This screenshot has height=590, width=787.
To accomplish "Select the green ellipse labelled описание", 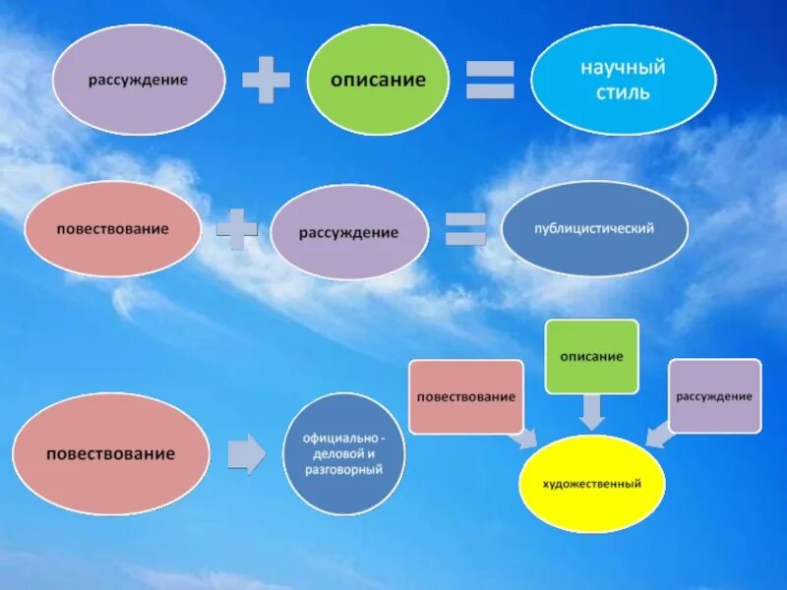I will pyautogui.click(x=379, y=80).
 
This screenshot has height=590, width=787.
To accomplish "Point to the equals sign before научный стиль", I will pyautogui.click(x=489, y=80).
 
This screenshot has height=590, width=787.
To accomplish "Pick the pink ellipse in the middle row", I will pyautogui.click(x=111, y=229).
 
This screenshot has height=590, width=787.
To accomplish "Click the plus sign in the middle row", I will pyautogui.click(x=236, y=229).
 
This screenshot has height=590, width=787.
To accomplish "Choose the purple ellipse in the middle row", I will pyautogui.click(x=349, y=233).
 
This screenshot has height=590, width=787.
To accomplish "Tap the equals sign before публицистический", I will pyautogui.click(x=465, y=229).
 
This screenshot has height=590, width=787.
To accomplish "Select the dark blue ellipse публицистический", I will pyautogui.click(x=594, y=229).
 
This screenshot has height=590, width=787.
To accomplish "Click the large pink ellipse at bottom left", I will pyautogui.click(x=111, y=454).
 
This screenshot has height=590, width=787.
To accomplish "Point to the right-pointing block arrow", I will pyautogui.click(x=247, y=455).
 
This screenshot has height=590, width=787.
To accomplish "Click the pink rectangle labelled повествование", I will pyautogui.click(x=465, y=396).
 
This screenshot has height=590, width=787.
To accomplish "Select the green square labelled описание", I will pyautogui.click(x=591, y=356).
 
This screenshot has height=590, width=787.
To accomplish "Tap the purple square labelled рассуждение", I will pyautogui.click(x=714, y=395).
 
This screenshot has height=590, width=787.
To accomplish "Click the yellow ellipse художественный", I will pyautogui.click(x=592, y=484).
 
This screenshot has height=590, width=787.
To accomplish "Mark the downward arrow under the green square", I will pyautogui.click(x=591, y=411).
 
